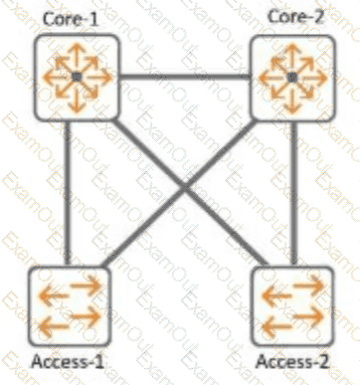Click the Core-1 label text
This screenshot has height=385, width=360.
(x=71, y=19)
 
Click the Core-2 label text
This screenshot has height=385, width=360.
(x=295, y=17)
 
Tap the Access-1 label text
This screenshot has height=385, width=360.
(x=68, y=361)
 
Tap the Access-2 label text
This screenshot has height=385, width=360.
(x=292, y=361)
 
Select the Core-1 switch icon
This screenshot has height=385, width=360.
(x=77, y=78)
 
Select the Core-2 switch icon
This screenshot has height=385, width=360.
(x=292, y=78)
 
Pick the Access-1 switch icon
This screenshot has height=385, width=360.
(x=69, y=305)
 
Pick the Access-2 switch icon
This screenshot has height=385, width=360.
(x=292, y=305)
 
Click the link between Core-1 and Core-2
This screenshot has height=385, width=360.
(x=184, y=78)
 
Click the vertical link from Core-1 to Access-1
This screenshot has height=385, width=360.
(x=68, y=193)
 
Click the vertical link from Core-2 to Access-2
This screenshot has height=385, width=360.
(x=293, y=194)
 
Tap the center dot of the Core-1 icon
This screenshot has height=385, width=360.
(x=77, y=78)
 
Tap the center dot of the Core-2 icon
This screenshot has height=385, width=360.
(x=292, y=78)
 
